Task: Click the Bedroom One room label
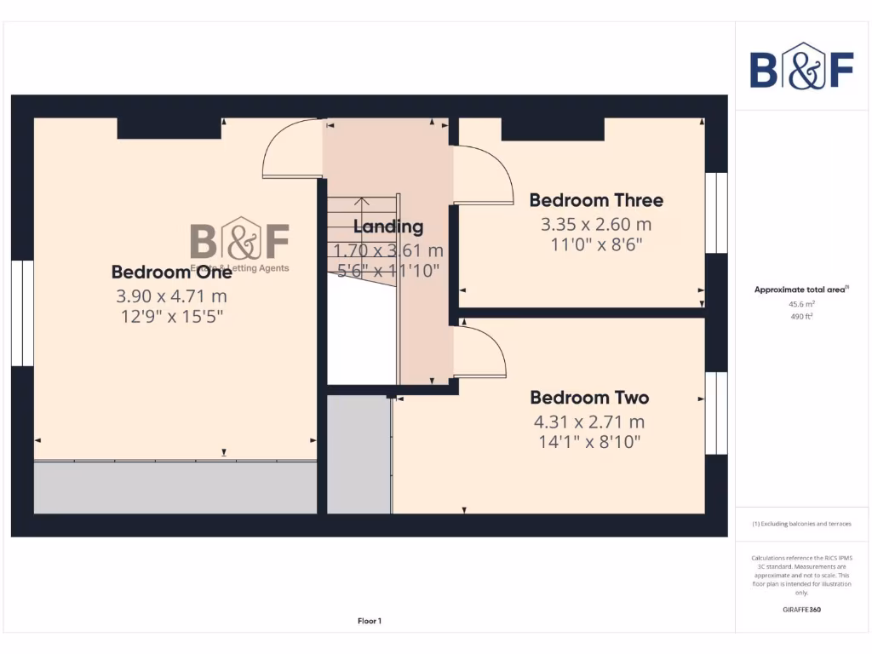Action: [171, 272]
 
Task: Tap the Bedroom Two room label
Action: [589, 398]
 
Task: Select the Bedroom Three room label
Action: [596, 200]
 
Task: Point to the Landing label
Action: [388, 227]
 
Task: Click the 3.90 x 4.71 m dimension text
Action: [171, 296]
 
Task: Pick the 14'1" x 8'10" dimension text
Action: [589, 442]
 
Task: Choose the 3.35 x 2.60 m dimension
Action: [596, 225]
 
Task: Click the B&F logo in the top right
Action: [801, 66]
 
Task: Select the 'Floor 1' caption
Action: [370, 621]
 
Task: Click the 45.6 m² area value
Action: [800, 303]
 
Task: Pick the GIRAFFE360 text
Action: [800, 610]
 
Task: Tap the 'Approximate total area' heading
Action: [800, 290]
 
